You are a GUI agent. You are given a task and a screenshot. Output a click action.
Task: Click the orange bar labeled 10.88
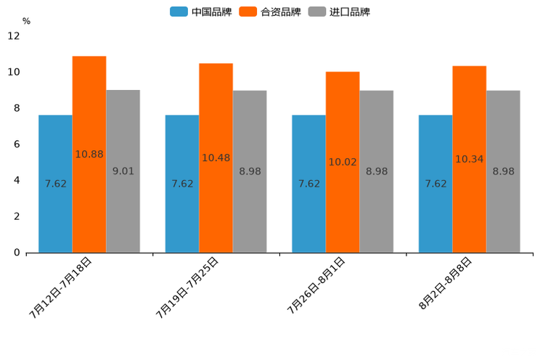tap(89, 154)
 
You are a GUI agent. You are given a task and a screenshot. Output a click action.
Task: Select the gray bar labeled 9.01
tap(123, 171)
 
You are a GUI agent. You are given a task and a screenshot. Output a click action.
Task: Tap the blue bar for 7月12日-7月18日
tap(55, 184)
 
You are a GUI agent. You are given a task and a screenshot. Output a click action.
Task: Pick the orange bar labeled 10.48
tap(216, 157)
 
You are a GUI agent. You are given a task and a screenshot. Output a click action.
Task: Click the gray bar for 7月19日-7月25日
tap(250, 171)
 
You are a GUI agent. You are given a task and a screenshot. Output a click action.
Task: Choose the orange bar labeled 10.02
tap(343, 162)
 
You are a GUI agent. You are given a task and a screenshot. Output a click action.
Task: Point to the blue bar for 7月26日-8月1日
tap(308, 184)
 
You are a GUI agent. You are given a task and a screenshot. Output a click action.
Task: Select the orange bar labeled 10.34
tap(469, 159)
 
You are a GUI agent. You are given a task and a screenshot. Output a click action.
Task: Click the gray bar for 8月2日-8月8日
tap(503, 171)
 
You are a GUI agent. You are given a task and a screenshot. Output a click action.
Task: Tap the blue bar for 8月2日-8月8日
tap(435, 184)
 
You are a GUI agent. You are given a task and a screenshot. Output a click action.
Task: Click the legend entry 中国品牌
tap(201, 12)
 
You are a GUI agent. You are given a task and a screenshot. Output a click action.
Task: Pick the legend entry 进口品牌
tap(340, 12)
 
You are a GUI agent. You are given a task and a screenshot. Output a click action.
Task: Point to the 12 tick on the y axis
tap(15, 36)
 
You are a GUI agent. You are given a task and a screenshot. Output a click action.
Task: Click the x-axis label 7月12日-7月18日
tap(61, 287)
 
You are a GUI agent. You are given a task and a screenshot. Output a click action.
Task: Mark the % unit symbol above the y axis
tap(26, 22)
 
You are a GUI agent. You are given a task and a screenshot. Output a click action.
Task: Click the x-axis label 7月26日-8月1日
tap(316, 285)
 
